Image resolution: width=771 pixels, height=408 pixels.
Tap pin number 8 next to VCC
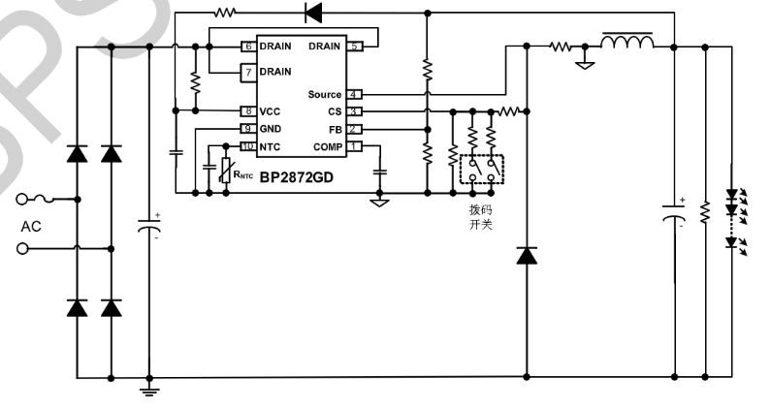point(248,111)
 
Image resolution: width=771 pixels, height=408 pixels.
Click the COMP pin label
point(327,146)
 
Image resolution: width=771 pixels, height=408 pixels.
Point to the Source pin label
point(325,94)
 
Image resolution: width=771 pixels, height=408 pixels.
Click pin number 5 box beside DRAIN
point(355,46)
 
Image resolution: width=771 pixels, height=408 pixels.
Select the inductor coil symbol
point(627,43)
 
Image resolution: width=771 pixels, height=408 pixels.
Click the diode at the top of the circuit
point(313,13)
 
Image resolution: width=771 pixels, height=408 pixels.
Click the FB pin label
point(334,129)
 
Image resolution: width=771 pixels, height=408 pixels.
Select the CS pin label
point(334,111)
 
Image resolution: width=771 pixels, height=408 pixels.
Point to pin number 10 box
point(248,146)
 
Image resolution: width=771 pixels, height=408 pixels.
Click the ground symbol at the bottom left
point(148,390)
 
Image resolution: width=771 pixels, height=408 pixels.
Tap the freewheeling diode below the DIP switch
point(527,256)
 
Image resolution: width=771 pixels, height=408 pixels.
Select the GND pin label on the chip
point(273,129)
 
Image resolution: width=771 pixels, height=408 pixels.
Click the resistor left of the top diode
point(225,13)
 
